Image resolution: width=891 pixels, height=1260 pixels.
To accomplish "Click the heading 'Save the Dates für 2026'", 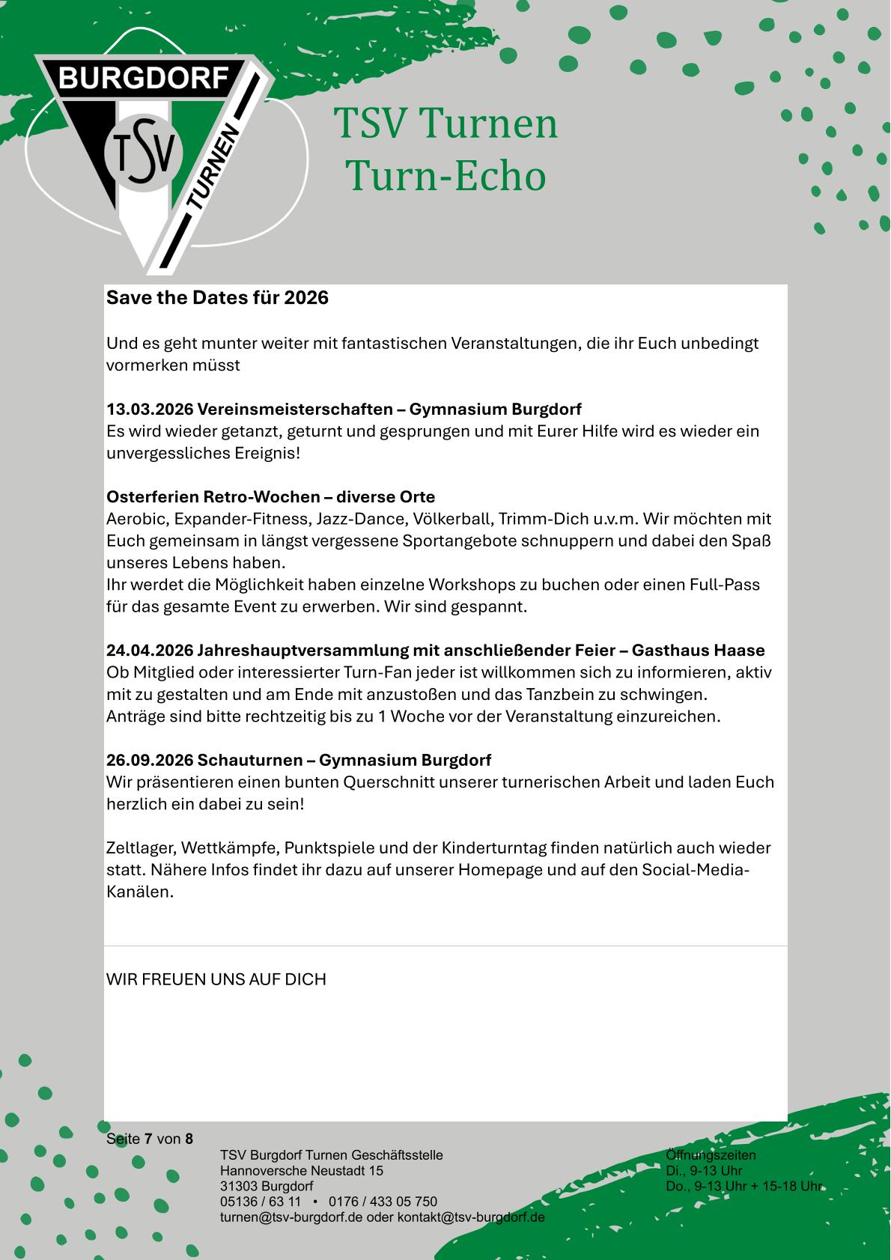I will pyautogui.click(x=217, y=298).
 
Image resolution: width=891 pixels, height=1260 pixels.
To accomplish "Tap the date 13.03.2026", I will pyautogui.click(x=150, y=410).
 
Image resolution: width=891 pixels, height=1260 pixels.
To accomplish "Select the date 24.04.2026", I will pyautogui.click(x=150, y=650).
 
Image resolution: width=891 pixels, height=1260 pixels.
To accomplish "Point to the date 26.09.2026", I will pyautogui.click(x=150, y=761).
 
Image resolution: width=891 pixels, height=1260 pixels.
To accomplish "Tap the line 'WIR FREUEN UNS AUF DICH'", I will pyautogui.click(x=216, y=979).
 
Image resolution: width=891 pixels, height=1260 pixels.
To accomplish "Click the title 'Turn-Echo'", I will pyautogui.click(x=446, y=177).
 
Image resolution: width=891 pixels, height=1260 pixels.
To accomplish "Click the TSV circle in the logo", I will pyautogui.click(x=143, y=153).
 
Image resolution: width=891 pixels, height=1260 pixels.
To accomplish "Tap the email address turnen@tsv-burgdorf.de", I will pyautogui.click(x=291, y=1217).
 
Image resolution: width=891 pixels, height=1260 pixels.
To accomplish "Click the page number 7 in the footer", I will pyautogui.click(x=148, y=1139).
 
